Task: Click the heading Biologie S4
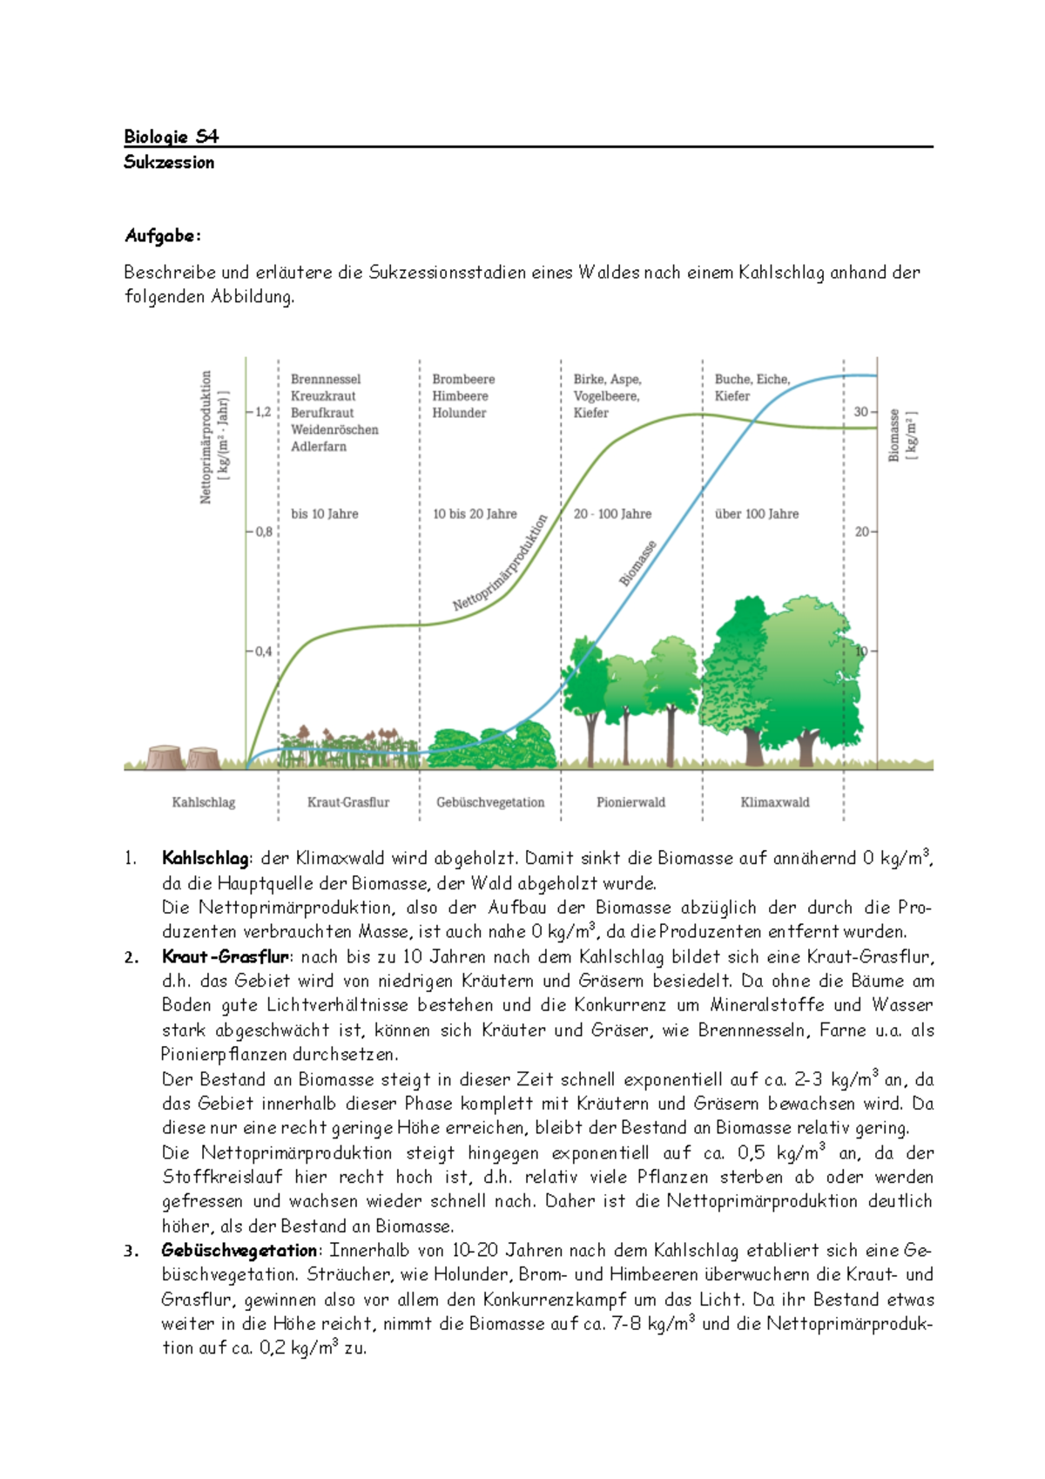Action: pyautogui.click(x=171, y=136)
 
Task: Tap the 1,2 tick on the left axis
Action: pyautogui.click(x=262, y=411)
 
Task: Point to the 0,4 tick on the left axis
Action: pyautogui.click(x=262, y=651)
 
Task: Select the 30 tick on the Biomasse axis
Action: pyautogui.click(x=861, y=411)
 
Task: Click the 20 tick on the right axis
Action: pyautogui.click(x=861, y=531)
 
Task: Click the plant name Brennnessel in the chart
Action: pyautogui.click(x=326, y=379)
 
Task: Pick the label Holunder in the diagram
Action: pyautogui.click(x=459, y=413)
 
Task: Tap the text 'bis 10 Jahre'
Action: pyautogui.click(x=325, y=514)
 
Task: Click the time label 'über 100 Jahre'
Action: pyautogui.click(x=757, y=514)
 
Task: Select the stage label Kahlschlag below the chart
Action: pyautogui.click(x=204, y=802)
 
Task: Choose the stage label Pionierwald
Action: pyautogui.click(x=630, y=802)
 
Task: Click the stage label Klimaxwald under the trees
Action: pyautogui.click(x=775, y=802)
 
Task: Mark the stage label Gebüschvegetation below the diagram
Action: pyautogui.click(x=490, y=802)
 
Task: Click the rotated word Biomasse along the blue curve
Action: pyautogui.click(x=638, y=563)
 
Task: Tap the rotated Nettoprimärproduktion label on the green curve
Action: pyautogui.click(x=501, y=562)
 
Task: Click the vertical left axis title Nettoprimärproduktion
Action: pyautogui.click(x=206, y=436)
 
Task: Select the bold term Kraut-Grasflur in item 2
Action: pyautogui.click(x=225, y=956)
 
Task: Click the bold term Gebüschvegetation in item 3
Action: pyautogui.click(x=239, y=1250)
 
